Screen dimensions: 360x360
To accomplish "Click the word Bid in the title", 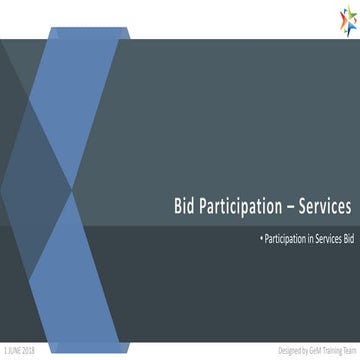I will [183, 207].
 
